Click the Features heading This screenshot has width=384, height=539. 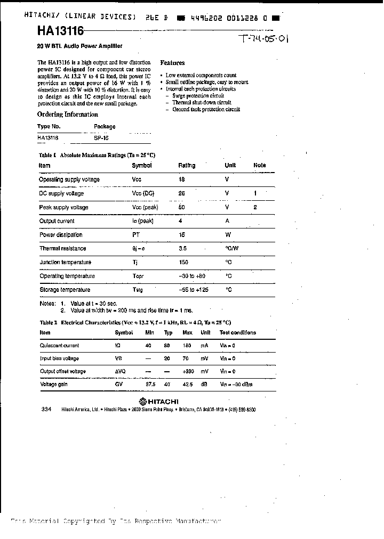pos(172,63)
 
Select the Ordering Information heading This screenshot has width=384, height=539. pos(68,115)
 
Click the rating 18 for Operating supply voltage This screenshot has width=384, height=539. pos(181,179)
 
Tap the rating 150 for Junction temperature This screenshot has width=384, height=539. pos(183,262)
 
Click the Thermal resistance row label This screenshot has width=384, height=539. pos(62,248)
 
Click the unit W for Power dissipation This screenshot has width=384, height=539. pos(228,234)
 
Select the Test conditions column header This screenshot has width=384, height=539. pos(237,332)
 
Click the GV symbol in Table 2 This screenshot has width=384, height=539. pos(119,384)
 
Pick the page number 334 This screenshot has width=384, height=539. pos(45,409)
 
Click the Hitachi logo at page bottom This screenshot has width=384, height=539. pos(158,401)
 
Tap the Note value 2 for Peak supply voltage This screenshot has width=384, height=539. pos(255,207)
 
